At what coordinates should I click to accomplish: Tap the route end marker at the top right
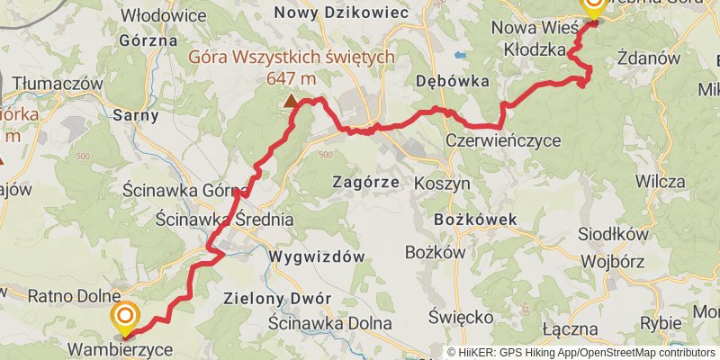594,4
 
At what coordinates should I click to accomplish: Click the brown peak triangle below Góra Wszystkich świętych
290,103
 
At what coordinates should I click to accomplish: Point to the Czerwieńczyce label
503,141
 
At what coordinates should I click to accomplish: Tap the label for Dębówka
452,81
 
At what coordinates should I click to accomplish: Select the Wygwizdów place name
316,256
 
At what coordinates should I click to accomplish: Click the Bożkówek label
475,219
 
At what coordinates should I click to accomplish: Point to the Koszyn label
442,182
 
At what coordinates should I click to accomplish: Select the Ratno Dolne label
74,295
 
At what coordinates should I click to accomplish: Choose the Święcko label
460,318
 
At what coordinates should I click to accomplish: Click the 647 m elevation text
291,78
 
